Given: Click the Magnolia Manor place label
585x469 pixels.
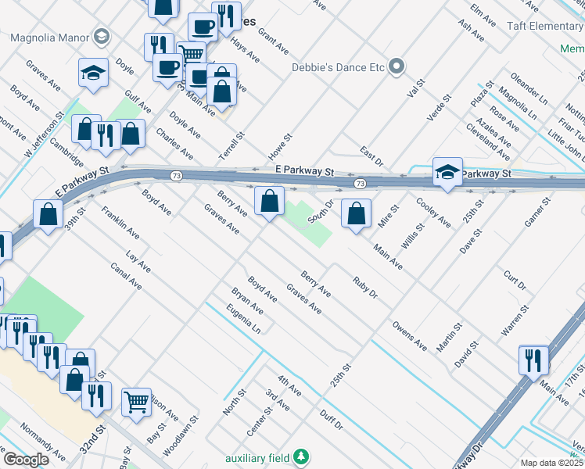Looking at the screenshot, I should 49,37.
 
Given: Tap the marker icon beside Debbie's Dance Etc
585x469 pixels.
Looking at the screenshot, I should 397,66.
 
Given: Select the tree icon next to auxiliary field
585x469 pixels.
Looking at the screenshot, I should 300,456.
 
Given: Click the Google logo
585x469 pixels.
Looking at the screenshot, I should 26,460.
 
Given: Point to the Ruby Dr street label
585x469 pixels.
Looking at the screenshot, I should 365,288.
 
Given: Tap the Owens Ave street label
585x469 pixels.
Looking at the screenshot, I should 410,334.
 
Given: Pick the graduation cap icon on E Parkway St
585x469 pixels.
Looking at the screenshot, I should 447,173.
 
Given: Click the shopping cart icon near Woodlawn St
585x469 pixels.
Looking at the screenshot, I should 137,402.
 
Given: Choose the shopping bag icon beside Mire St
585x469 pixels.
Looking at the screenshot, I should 357,213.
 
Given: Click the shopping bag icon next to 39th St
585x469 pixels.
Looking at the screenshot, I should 48,213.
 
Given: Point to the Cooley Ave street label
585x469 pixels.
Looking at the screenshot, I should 433,213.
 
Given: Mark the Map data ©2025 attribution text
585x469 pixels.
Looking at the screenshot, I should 551,463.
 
